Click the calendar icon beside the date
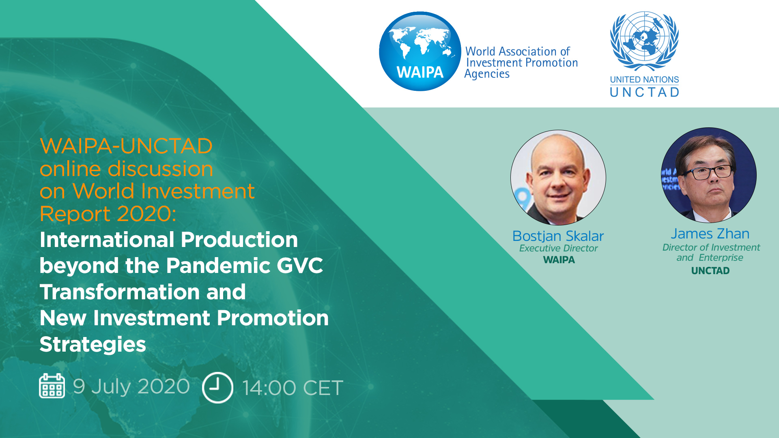[52, 386]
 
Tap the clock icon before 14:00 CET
[217, 387]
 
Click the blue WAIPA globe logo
[420, 51]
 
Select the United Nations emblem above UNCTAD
[644, 41]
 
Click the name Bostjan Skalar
[558, 236]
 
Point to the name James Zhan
[710, 234]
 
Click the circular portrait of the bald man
[558, 178]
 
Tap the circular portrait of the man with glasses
[709, 175]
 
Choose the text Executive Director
[558, 248]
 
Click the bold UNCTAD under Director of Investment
[710, 271]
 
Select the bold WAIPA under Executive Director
[559, 260]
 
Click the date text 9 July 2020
[131, 386]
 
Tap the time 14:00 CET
[293, 388]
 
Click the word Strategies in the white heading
[93, 345]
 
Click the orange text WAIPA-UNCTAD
[126, 146]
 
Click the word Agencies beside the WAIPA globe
[487, 74]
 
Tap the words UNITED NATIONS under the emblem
[644, 79]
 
